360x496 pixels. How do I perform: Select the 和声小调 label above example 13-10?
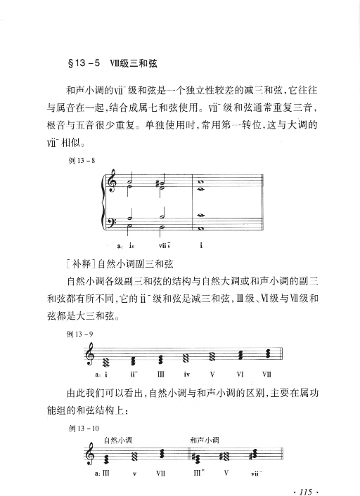pos(205,440)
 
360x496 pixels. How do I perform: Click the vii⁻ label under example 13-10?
pos(256,474)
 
